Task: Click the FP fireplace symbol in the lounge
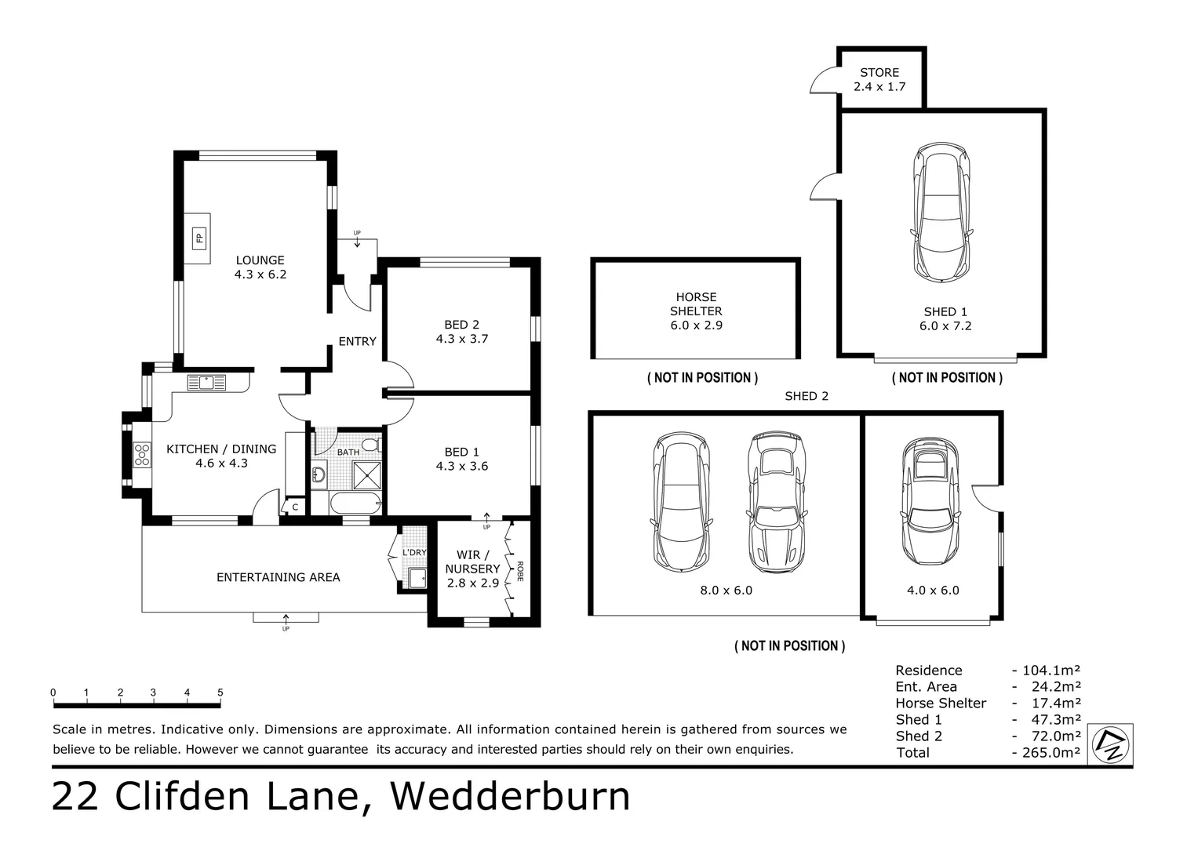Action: tap(198, 238)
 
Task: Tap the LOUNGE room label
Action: tap(260, 260)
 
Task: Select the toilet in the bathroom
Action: tap(372, 445)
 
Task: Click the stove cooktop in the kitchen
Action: tap(142, 455)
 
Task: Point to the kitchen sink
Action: tap(206, 383)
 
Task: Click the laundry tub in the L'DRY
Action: tap(417, 579)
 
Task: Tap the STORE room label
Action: tap(879, 72)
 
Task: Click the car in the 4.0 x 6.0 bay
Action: tap(930, 502)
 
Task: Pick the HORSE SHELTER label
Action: tap(696, 304)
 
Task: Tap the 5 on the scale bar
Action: tap(220, 693)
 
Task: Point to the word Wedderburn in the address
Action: tap(510, 796)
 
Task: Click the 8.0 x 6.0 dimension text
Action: tap(726, 591)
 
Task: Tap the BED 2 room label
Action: tap(461, 325)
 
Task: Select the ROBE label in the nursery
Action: tap(520, 570)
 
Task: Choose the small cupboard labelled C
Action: tap(295, 507)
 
